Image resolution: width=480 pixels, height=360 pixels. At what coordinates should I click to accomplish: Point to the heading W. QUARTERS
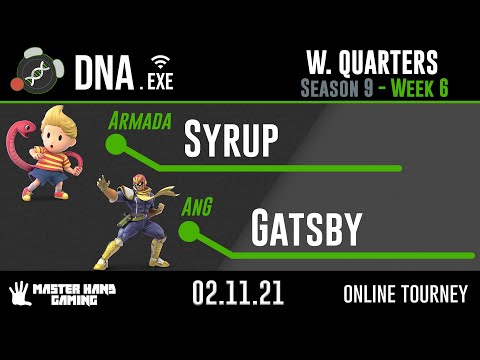pos(373,63)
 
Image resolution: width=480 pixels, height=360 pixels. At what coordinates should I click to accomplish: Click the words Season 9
pos(336,87)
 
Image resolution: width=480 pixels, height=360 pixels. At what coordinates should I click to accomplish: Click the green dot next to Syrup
pos(115,146)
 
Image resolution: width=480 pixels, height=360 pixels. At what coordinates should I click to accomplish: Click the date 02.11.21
pos(240,294)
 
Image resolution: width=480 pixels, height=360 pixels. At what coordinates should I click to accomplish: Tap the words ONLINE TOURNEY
pos(404,295)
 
